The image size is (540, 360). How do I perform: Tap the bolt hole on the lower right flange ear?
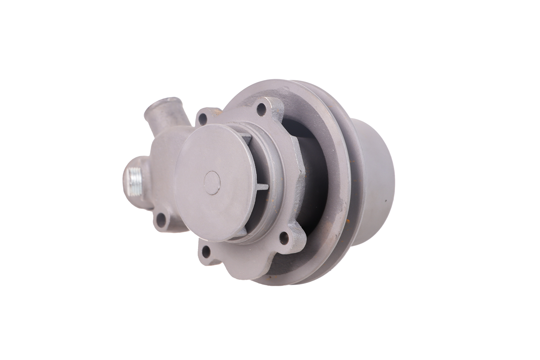[x=285, y=237]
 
